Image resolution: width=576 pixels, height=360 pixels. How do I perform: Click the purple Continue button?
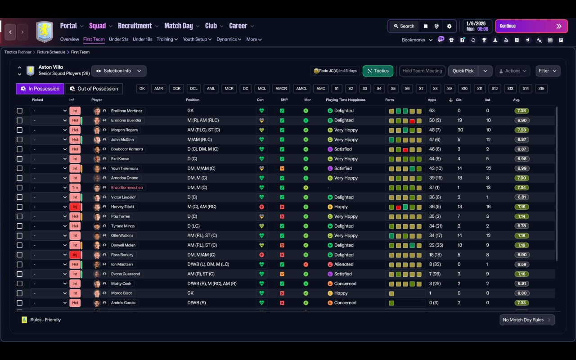pyautogui.click(x=531, y=26)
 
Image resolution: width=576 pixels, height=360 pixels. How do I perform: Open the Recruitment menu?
pyautogui.click(x=138, y=26)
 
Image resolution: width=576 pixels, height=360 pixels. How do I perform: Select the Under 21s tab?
pyautogui.click(x=118, y=39)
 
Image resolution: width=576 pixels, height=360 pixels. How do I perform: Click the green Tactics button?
pyautogui.click(x=378, y=71)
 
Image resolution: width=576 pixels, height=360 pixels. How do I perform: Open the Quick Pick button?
pyautogui.click(x=463, y=71)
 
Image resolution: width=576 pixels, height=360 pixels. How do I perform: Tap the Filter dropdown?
pyautogui.click(x=548, y=71)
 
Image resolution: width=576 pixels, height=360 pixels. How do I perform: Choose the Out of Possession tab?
pyautogui.click(x=94, y=89)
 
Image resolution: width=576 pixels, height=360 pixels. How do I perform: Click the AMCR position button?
pyautogui.click(x=281, y=89)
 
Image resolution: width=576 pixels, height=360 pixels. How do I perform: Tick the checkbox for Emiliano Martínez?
pyautogui.click(x=19, y=111)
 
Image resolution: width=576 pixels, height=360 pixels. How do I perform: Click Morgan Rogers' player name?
pyautogui.click(x=125, y=130)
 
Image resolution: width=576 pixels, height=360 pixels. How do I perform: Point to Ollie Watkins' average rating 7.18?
pyautogui.click(x=522, y=235)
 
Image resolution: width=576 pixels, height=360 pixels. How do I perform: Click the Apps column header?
pyautogui.click(x=432, y=100)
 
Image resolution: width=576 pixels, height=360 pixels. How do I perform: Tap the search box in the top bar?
pyautogui.click(x=404, y=26)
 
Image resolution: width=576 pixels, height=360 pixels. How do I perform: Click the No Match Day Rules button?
pyautogui.click(x=527, y=320)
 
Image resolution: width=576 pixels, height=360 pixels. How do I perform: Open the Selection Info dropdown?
pyautogui.click(x=119, y=71)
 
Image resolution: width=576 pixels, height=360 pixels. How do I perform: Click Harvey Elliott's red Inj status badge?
pyautogui.click(x=75, y=207)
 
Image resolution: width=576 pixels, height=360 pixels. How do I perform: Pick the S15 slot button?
pyautogui.click(x=541, y=89)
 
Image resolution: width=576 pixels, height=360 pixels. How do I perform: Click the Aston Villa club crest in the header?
pyautogui.click(x=45, y=31)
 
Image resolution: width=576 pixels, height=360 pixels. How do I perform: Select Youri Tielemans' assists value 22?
pyautogui.click(x=489, y=168)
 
